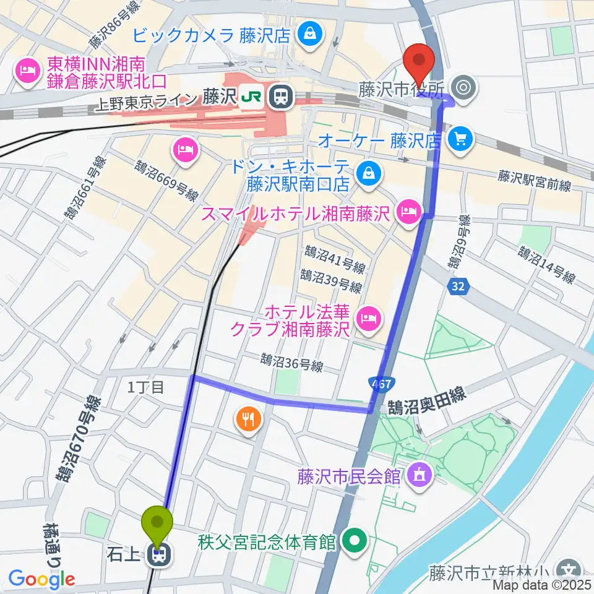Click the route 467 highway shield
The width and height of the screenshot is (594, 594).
(x=382, y=384)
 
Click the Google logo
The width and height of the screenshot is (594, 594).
(x=41, y=579)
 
